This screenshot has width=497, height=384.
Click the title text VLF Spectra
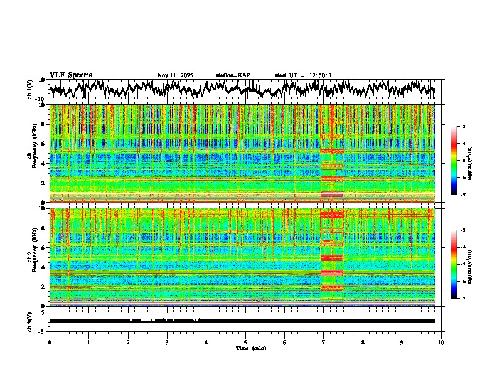pyautogui.click(x=71, y=75)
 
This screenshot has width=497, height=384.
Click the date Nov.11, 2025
pyautogui.click(x=175, y=75)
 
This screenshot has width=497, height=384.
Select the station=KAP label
pyautogui.click(x=233, y=75)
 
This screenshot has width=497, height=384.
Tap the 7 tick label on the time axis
pyautogui.click(x=324, y=342)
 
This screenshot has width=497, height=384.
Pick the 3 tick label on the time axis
pyautogui.click(x=167, y=342)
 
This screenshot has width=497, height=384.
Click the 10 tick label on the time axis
pyautogui.click(x=441, y=342)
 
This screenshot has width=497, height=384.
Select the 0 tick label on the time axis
pyautogui.click(x=50, y=342)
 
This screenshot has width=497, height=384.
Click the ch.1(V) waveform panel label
pyautogui.click(x=30, y=89)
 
